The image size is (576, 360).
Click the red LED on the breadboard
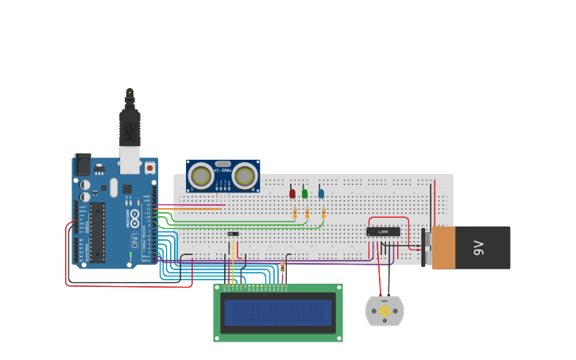292,193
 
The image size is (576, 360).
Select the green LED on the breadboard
304,193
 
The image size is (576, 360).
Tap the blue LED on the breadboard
321,193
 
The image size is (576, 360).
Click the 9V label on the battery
478,248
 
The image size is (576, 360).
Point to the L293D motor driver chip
383,231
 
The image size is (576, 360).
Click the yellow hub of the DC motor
385,311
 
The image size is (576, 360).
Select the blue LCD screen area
278,312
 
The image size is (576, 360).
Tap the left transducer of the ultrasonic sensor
202,175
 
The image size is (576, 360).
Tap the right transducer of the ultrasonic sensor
245,175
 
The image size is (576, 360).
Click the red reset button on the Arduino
149,168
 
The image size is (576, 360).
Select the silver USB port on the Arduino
129,159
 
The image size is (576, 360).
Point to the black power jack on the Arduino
82,165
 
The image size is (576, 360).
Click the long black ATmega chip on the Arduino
97,232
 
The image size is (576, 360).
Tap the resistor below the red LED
296,214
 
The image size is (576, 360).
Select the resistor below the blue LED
323,212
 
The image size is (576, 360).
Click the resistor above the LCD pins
283,270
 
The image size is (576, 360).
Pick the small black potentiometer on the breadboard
233,234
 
